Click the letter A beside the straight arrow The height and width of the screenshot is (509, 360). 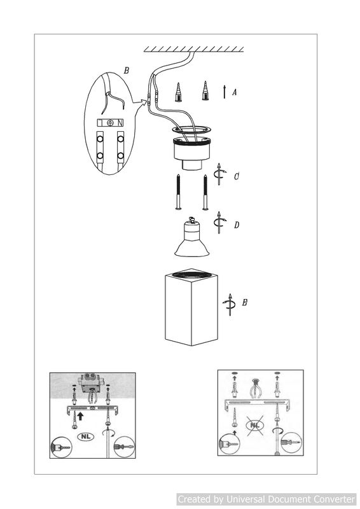pos(234,92)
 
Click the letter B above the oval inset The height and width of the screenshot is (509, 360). pos(127,71)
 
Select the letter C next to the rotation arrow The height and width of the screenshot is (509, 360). pos(237,176)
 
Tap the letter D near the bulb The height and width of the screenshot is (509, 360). pos(237,225)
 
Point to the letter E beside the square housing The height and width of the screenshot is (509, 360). pos(244,302)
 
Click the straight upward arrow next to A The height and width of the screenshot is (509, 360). pos(225,92)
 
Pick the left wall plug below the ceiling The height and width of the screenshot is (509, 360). pos(178,92)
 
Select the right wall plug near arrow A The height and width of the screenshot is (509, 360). pos(205,90)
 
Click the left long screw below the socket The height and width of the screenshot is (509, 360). pos(178,192)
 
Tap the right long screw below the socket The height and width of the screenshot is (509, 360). pos(205,192)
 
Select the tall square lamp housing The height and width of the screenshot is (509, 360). pos(191,307)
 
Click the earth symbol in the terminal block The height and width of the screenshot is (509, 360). pos(110,123)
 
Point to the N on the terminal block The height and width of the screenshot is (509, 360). pos(120,123)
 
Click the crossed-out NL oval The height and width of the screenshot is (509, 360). pos(255,425)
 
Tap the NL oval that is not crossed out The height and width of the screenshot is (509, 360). pos(86,436)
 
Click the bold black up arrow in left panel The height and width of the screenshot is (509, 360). pos(81,416)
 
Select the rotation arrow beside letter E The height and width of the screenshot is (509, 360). pos(230,305)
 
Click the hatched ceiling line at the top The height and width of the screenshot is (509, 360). pos(193,50)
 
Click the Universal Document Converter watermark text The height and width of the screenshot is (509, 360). pos(267,499)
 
